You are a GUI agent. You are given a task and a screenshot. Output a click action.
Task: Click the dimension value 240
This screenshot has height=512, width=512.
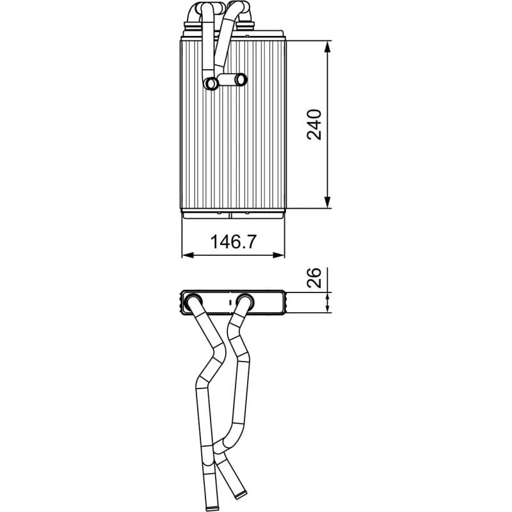tap(314, 124)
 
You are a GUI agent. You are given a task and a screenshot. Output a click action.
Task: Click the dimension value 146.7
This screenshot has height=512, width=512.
tap(233, 242)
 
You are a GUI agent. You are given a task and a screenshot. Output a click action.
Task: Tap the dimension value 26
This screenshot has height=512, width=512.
tap(314, 278)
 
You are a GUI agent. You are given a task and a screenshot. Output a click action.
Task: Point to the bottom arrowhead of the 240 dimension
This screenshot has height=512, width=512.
tap(328, 202)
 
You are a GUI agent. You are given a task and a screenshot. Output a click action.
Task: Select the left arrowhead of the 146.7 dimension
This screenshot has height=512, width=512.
tap(188, 255)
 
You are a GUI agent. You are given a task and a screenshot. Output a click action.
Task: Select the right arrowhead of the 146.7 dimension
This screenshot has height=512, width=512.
tap(278, 255)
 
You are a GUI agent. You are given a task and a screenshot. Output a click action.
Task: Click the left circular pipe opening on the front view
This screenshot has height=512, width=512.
tap(211, 84)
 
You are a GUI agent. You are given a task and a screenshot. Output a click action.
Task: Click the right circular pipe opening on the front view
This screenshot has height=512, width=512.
tap(241, 79)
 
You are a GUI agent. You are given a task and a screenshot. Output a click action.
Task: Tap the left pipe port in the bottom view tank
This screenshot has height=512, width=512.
tap(193, 301)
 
